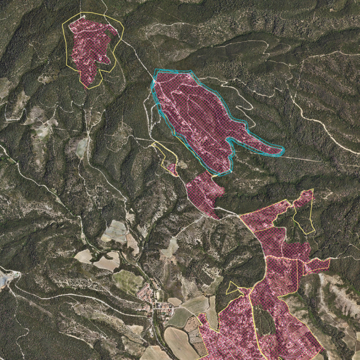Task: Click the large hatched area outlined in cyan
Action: (194, 116)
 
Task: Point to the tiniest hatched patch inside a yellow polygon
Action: (172, 169)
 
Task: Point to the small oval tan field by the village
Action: (174, 301)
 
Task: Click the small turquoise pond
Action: (16, 275)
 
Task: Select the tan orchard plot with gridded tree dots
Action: (132, 243)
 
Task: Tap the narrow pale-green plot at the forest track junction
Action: (81, 148)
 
